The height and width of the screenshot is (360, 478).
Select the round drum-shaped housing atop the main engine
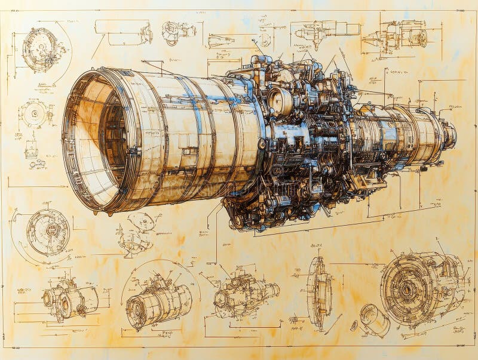(x=279, y=101)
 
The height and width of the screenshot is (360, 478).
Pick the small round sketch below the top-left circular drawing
(x=34, y=113)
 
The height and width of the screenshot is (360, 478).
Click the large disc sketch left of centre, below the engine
(x=48, y=232)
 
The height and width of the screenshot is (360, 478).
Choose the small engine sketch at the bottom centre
(x=245, y=293)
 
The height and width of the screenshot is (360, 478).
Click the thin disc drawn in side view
(x=319, y=293)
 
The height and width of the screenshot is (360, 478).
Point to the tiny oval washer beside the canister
(x=354, y=325)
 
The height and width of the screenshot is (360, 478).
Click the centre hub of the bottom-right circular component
(x=408, y=290)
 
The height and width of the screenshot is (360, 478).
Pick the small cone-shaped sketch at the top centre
(x=220, y=41)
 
